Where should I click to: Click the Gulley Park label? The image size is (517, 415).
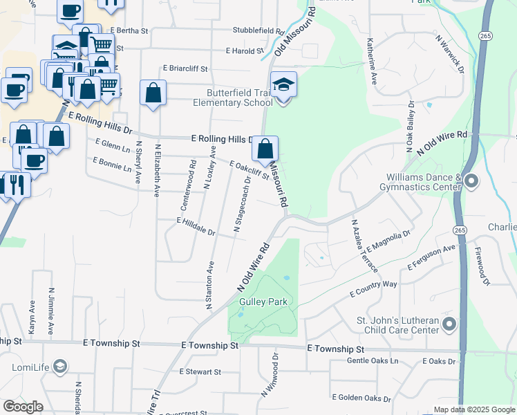tap(263, 302)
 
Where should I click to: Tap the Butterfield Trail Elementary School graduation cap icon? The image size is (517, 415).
tap(283, 85)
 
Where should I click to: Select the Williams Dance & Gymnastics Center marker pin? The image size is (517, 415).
tap(471, 182)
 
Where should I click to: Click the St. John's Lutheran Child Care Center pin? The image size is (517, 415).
tap(449, 324)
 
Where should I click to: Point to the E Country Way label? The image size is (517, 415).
tap(373, 288)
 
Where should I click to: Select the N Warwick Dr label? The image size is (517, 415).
tap(449, 51)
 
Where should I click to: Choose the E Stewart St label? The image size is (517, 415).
tap(200, 371)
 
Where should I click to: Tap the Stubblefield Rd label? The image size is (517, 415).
tap(239, 31)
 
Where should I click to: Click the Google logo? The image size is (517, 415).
tap(23, 407)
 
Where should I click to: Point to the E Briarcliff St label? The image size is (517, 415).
tap(185, 68)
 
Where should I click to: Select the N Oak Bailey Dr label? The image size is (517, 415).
tap(411, 127)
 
